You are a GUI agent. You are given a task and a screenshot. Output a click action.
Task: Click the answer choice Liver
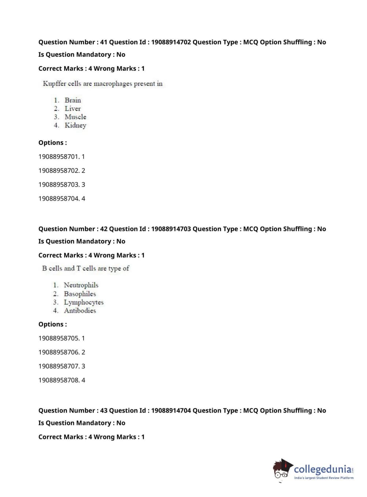(x=73, y=108)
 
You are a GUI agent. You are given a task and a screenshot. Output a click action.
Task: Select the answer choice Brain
(x=73, y=100)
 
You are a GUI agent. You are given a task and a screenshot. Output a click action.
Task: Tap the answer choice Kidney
(x=75, y=125)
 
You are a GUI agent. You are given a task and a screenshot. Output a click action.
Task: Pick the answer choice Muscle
(x=75, y=117)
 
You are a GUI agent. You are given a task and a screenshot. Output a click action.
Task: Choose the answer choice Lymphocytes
(x=84, y=302)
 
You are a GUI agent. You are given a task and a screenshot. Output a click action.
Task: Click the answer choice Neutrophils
(x=81, y=285)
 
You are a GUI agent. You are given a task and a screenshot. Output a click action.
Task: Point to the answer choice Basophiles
(x=80, y=294)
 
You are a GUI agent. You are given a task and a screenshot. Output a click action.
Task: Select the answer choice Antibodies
(x=80, y=311)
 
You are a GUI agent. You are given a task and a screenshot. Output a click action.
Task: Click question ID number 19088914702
(x=171, y=42)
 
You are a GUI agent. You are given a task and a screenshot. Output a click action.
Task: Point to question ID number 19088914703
(x=171, y=229)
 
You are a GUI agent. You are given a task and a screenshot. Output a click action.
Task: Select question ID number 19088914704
(x=171, y=411)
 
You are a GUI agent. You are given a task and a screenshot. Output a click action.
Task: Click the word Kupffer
(x=55, y=84)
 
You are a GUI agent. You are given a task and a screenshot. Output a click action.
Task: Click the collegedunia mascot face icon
(x=282, y=469)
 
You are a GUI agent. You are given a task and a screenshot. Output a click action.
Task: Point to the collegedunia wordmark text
(x=323, y=469)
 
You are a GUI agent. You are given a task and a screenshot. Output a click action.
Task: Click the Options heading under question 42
(x=53, y=324)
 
